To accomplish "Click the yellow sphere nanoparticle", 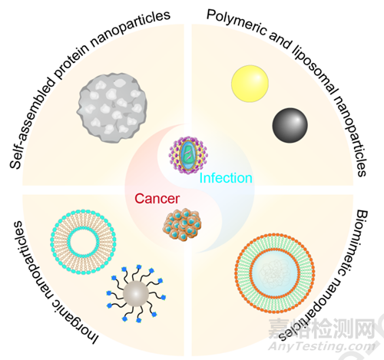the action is [250, 84].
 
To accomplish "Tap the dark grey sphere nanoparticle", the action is [290, 125].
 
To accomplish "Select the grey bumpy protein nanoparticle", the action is [112, 107].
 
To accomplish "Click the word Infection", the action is [226, 178].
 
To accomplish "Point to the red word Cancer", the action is [157, 199].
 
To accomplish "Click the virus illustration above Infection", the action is [188, 155].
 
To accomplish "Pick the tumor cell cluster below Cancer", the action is [182, 225].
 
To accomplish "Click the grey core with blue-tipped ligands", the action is [136, 293].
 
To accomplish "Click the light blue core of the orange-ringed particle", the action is [275, 273].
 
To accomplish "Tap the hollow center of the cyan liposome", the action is [83, 242].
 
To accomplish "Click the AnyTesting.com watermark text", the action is [322, 346].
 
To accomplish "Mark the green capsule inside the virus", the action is [188, 155].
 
